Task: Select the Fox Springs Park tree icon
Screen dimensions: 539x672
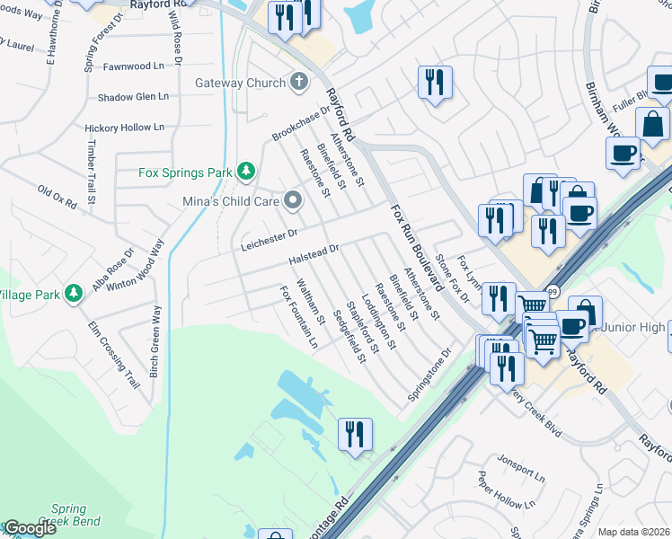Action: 245,172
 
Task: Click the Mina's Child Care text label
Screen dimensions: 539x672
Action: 230,201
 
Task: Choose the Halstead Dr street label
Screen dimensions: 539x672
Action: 314,254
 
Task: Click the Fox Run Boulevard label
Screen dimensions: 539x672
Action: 418,247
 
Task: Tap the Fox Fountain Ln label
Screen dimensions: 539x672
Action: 299,317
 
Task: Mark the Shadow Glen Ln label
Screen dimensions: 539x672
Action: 133,97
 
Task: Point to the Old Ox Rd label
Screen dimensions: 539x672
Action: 57,195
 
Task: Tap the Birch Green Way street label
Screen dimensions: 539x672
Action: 155,340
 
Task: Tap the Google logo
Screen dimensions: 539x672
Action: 30,529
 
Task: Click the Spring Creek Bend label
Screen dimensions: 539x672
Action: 68,515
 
